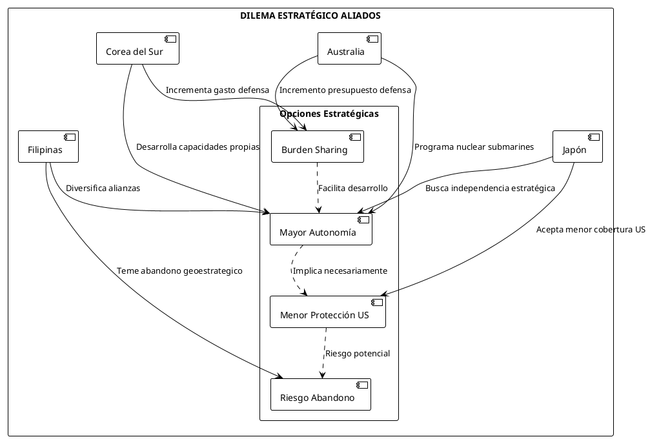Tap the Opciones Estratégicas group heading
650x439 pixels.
329,114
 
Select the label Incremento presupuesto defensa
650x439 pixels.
345,90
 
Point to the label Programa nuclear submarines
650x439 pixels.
474,147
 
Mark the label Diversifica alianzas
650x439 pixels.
103,189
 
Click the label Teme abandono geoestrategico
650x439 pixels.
179,271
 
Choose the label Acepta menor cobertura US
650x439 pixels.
591,229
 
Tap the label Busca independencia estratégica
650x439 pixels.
490,189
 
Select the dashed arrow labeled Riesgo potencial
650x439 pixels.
323,353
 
